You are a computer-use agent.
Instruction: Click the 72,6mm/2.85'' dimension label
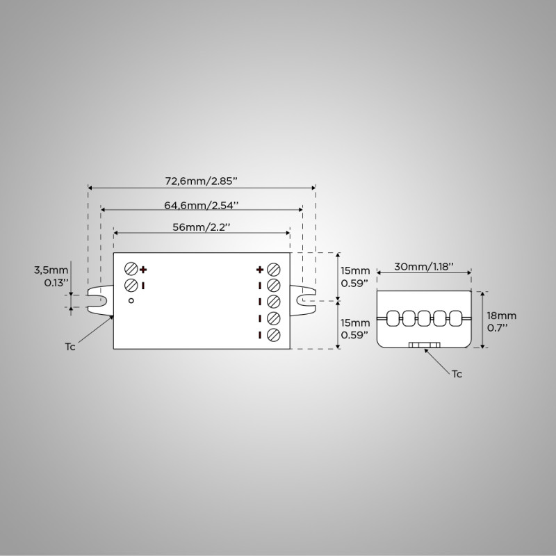coord(202,181)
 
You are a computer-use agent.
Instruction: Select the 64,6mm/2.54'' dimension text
coord(202,205)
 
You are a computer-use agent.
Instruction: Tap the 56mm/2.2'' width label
coord(202,227)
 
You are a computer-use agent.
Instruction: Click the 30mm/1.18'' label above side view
coord(424,266)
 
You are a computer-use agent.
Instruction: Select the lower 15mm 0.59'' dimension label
coord(355,329)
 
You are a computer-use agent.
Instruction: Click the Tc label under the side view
coord(457,374)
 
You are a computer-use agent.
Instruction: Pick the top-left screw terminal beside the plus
coord(131,269)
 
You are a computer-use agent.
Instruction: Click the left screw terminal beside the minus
coord(131,285)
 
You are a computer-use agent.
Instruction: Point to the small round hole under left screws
coord(131,301)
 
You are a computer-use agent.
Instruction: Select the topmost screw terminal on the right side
coord(273,269)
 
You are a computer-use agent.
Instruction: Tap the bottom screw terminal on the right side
coord(273,335)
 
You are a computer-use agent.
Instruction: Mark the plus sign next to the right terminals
coord(260,269)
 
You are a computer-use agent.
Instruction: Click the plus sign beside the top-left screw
coord(144,270)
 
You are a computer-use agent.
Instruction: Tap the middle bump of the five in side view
coord(424,318)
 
